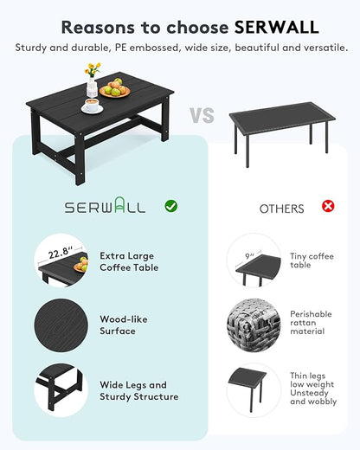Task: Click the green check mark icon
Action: click(171, 206)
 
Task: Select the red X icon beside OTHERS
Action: click(328, 206)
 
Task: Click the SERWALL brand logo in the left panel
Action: click(106, 208)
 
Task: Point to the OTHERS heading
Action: click(281, 209)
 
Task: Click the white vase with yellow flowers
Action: click(92, 81)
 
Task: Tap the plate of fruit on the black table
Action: click(114, 89)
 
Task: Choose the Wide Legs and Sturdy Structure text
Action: click(138, 390)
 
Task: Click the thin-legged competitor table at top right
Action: click(282, 125)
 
